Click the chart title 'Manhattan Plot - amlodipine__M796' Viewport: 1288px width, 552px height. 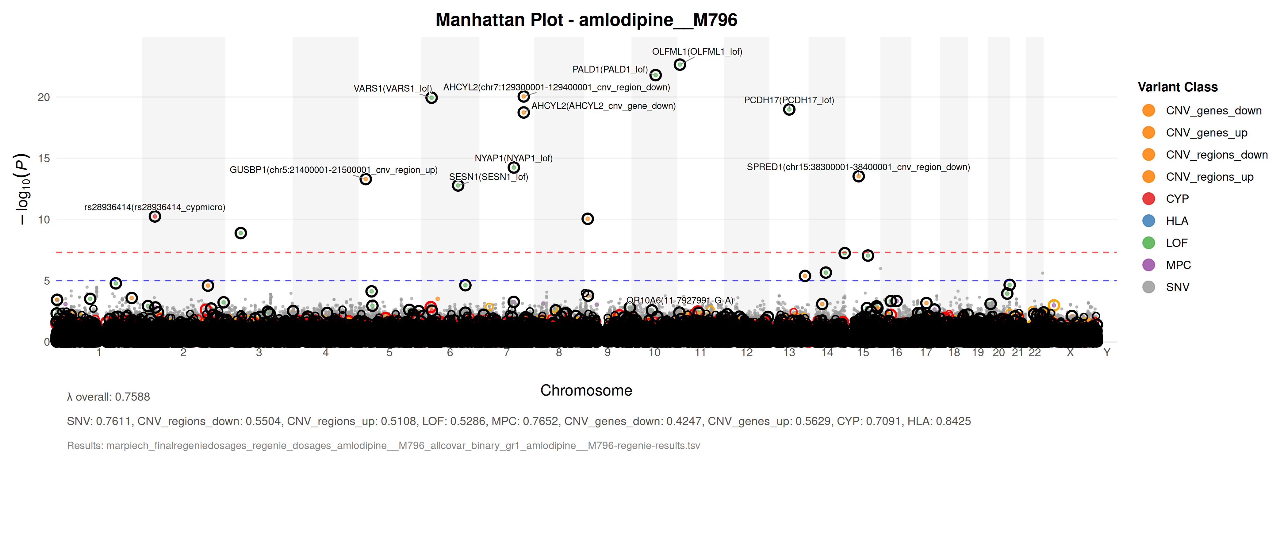[586, 20]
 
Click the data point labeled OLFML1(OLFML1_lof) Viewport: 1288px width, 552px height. [680, 64]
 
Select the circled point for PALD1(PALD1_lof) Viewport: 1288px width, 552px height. [656, 75]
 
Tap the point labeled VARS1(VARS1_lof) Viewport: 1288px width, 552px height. [431, 98]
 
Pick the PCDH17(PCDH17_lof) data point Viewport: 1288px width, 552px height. [789, 109]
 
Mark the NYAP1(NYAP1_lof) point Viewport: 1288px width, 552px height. [513, 167]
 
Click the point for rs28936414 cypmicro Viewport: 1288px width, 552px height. [155, 217]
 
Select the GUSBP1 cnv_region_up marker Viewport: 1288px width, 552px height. [366, 179]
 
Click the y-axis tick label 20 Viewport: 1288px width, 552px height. [44, 98]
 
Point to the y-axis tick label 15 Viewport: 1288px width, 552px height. [44, 159]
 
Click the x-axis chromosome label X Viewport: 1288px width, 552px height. [1070, 352]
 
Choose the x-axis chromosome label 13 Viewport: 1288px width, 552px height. [789, 352]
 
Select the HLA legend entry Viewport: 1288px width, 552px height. [1176, 221]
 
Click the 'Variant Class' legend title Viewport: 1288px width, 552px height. [1178, 87]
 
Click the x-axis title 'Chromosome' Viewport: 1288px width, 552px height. [586, 390]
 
